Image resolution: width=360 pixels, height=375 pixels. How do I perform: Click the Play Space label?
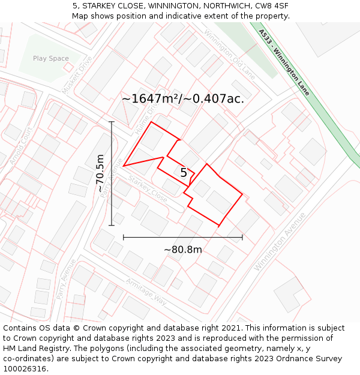(51, 58)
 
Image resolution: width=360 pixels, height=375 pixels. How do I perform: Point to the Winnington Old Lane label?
(229, 55)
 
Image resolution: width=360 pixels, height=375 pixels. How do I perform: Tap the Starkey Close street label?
(148, 188)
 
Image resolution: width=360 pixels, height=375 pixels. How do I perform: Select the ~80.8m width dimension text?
(183, 250)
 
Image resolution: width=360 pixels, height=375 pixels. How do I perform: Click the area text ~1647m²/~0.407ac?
(183, 99)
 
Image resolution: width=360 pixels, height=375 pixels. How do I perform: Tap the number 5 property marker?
(184, 173)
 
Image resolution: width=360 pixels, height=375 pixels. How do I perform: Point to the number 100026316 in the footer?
(26, 369)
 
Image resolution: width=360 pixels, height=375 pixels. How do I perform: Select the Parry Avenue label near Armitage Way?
(65, 278)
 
